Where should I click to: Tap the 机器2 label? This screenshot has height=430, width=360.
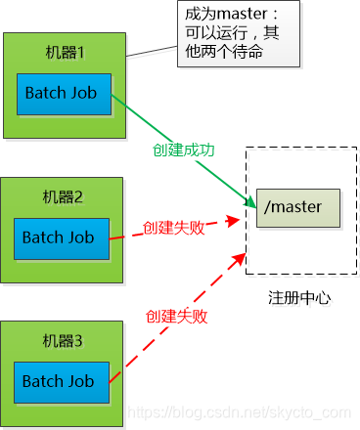click(64, 195)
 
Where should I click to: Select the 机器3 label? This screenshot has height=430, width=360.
click(64, 339)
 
